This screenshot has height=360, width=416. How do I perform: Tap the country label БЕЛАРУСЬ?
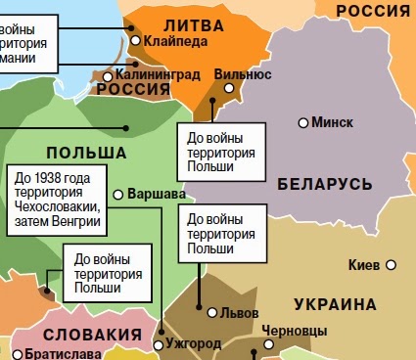tap(325, 184)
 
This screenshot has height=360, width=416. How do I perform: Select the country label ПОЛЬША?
tap(86, 153)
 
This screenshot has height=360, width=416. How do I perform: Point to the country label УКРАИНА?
tap(331, 302)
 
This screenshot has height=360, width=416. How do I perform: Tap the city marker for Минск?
tap(303, 122)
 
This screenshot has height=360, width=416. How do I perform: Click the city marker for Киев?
tap(391, 265)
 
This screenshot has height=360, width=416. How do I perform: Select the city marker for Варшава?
tap(118, 194)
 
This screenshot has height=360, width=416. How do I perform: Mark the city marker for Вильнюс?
tap(231, 87)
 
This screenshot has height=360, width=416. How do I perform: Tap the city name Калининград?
tap(158, 73)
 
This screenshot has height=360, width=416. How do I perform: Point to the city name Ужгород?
tap(193, 344)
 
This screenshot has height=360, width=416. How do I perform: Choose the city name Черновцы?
tap(297, 331)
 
